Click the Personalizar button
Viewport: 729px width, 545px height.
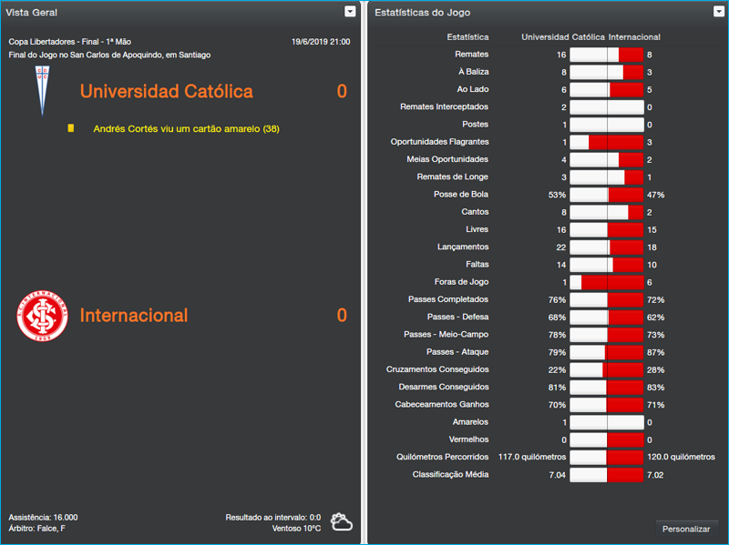point(686,529)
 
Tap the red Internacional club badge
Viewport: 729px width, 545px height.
point(42,315)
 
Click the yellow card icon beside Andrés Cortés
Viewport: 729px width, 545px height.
point(71,129)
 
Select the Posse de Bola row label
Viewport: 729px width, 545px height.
point(461,195)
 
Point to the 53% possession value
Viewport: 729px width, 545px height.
point(557,195)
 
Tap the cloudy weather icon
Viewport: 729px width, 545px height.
point(343,522)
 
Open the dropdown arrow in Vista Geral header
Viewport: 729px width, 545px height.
point(350,12)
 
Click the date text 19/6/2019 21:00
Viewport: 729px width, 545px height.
point(320,42)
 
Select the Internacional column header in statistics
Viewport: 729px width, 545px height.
point(634,37)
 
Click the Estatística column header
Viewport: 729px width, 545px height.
point(467,37)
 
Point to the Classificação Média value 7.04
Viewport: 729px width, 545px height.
point(557,475)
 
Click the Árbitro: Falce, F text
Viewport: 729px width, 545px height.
point(37,528)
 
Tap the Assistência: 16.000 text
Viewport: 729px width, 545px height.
point(43,517)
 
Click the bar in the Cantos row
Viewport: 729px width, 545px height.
point(606,212)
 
